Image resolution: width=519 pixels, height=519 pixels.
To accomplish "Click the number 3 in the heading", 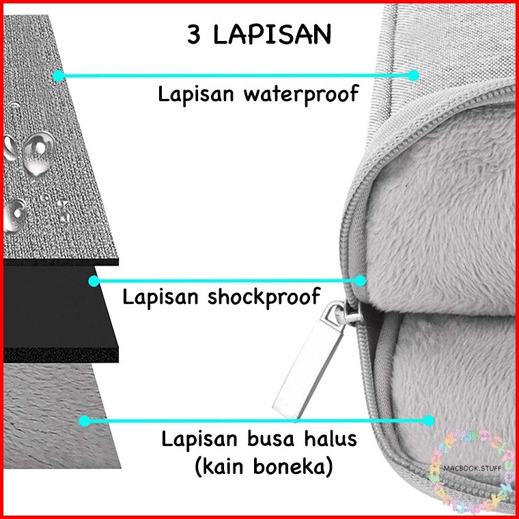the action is [195, 36].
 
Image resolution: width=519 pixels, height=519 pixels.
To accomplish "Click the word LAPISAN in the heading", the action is [272, 36].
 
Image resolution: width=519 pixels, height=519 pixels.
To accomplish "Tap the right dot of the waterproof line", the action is [413, 75].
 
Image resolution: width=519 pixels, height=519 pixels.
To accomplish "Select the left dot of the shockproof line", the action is [94, 280].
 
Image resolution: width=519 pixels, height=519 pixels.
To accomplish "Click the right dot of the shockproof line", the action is [360, 279].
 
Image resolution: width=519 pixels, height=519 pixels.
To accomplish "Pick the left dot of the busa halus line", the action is [85, 421].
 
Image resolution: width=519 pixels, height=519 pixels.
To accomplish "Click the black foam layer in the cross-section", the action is [55, 307].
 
